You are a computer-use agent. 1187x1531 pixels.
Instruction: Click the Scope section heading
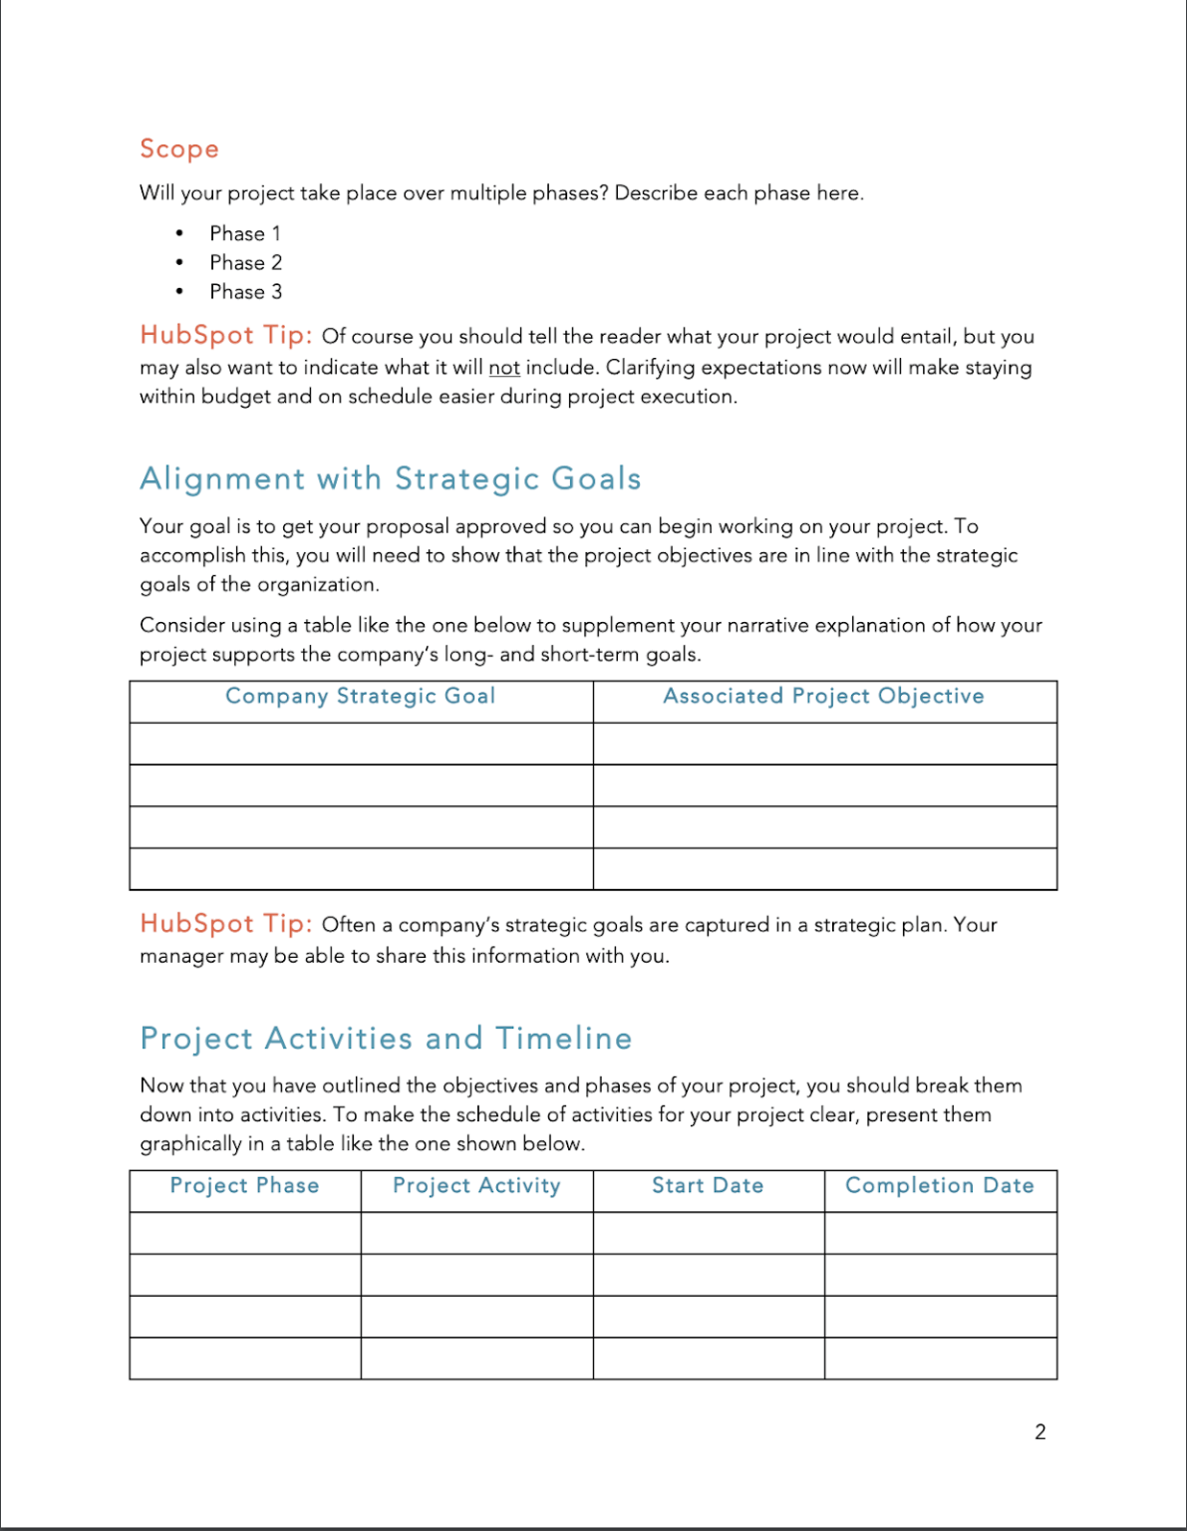pos(179,150)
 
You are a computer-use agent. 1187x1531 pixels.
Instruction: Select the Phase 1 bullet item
pos(244,233)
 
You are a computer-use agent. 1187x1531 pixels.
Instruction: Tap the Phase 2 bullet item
pos(245,262)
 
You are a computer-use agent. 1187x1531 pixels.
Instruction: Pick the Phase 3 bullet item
pos(245,292)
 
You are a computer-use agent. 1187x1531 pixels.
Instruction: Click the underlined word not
pos(503,368)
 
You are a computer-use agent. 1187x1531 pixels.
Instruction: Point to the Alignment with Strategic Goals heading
pos(390,479)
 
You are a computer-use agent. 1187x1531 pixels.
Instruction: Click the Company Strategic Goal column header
pos(361,697)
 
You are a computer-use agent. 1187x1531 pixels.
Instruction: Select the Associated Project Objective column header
pos(824,697)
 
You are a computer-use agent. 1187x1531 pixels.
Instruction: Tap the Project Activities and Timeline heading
pos(386,1039)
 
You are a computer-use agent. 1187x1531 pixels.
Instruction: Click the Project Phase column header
pos(245,1186)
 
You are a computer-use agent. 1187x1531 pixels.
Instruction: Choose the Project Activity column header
pos(476,1186)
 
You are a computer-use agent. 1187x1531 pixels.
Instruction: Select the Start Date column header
pos(708,1186)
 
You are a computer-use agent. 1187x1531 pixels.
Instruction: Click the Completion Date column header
pos(940,1186)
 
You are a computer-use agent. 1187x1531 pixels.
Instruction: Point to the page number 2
pos(1040,1432)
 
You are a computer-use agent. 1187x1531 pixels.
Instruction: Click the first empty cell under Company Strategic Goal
pos(361,744)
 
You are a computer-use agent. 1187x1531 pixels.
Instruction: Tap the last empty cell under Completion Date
pos(940,1358)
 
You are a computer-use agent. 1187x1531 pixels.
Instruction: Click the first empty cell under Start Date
pos(708,1233)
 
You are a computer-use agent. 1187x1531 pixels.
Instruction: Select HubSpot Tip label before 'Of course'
pos(226,335)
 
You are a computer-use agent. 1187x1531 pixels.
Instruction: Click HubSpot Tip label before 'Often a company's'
pos(226,924)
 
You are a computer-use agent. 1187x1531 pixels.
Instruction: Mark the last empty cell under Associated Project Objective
pos(824,868)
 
